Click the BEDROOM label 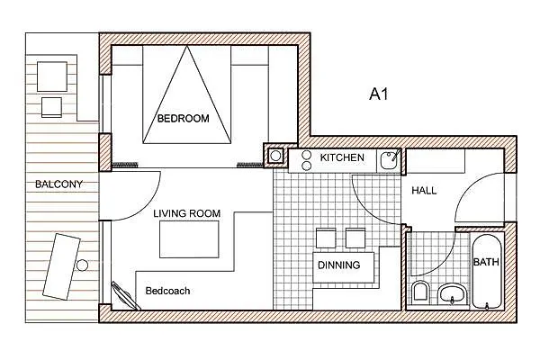tap(184, 119)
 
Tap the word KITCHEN tap(342, 157)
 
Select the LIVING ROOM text tap(187, 213)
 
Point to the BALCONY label tap(58, 184)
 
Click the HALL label tap(424, 191)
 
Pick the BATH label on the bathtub tap(486, 262)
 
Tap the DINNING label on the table tap(339, 265)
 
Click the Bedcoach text tap(167, 291)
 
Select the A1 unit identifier tap(379, 94)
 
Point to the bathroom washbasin tap(452, 293)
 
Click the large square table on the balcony tap(52, 76)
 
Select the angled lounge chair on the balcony tap(61, 266)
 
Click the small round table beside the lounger tap(82, 265)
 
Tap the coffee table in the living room tap(189, 239)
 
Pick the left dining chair tap(326, 238)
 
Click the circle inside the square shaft tap(275, 156)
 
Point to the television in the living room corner tap(125, 296)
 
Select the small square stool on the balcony tap(51, 107)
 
